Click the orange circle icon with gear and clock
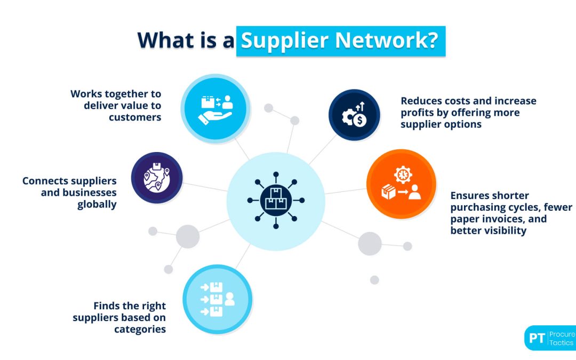click(x=401, y=183)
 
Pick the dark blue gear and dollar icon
click(x=354, y=115)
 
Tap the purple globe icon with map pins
click(x=157, y=178)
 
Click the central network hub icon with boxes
click(x=276, y=201)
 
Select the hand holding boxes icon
click(x=215, y=109)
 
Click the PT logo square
click(x=537, y=338)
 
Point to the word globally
click(x=97, y=205)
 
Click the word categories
click(x=140, y=330)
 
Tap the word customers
click(x=135, y=117)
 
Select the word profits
click(x=419, y=113)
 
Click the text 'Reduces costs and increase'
click(x=468, y=101)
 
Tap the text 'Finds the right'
click(x=130, y=306)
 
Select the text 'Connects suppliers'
click(x=69, y=181)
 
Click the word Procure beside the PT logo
click(x=562, y=334)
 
